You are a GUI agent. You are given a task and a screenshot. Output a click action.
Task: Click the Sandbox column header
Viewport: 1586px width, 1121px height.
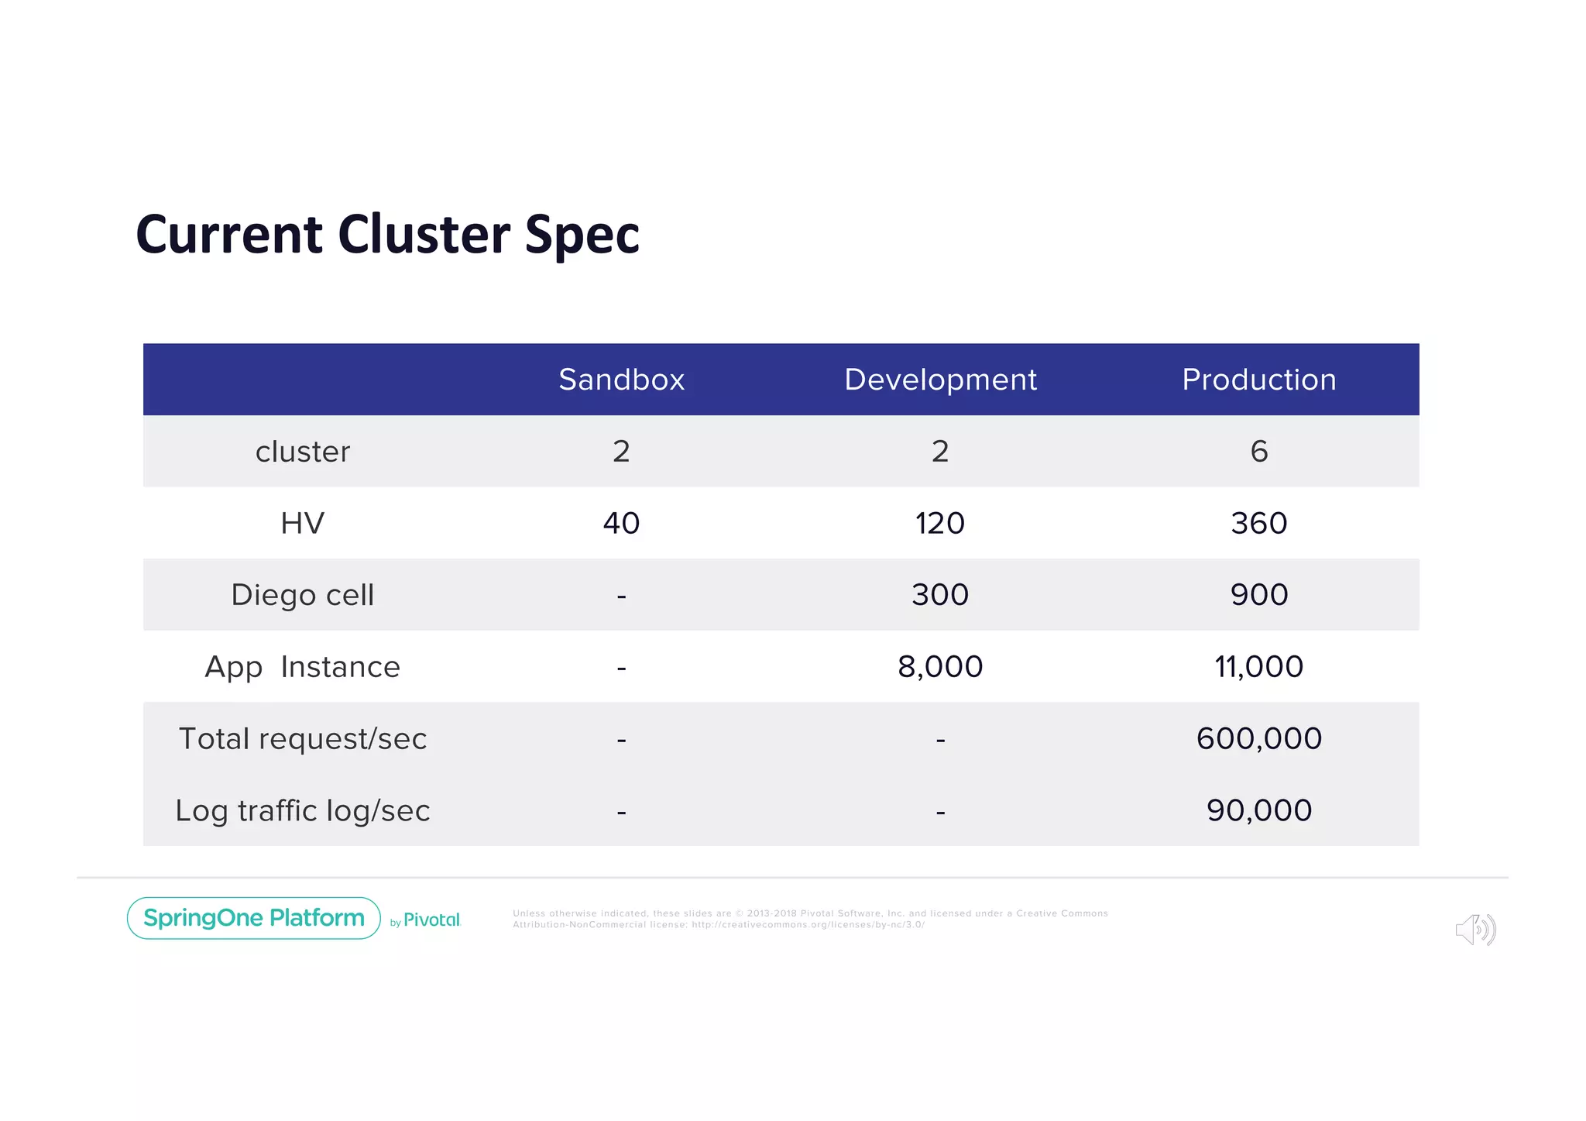point(621,380)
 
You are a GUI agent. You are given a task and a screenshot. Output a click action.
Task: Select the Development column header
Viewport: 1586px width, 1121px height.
point(939,380)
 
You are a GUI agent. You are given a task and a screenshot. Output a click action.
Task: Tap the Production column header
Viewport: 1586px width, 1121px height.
point(1258,380)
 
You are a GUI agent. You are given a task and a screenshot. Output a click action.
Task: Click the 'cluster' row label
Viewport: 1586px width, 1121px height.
point(303,452)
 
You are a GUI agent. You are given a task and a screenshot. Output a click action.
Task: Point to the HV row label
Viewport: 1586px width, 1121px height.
point(303,524)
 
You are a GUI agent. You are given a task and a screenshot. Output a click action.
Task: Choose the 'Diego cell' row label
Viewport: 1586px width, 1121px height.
point(303,595)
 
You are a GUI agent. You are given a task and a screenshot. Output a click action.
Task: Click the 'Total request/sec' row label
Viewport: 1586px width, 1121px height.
point(303,739)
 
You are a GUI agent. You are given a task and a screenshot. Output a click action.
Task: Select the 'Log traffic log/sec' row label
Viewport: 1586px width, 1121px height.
point(303,811)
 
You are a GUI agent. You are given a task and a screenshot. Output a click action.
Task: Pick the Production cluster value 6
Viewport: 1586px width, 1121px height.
point(1258,452)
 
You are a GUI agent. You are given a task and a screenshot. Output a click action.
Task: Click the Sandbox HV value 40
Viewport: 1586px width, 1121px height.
point(621,524)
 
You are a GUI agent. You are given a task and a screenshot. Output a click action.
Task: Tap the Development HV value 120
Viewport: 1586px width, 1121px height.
point(939,524)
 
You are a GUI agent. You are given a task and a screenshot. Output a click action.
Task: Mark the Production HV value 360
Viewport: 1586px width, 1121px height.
point(1258,524)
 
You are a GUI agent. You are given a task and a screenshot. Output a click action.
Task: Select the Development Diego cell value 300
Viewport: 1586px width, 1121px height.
point(939,595)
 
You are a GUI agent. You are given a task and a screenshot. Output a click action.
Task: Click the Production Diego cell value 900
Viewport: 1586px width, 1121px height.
point(1258,595)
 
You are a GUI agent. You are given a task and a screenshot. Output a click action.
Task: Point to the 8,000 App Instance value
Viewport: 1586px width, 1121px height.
point(939,667)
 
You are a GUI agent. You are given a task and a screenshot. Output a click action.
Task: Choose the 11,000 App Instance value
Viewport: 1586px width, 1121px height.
point(1258,667)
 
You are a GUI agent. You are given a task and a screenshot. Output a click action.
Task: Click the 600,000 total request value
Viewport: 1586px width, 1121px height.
point(1258,739)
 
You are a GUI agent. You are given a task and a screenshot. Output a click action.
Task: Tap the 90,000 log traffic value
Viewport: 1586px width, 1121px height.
point(1258,811)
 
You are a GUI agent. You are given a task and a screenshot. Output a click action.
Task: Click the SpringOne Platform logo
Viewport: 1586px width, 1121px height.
point(254,918)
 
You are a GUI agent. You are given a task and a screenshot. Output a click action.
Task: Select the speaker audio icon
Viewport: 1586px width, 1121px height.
point(1474,930)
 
